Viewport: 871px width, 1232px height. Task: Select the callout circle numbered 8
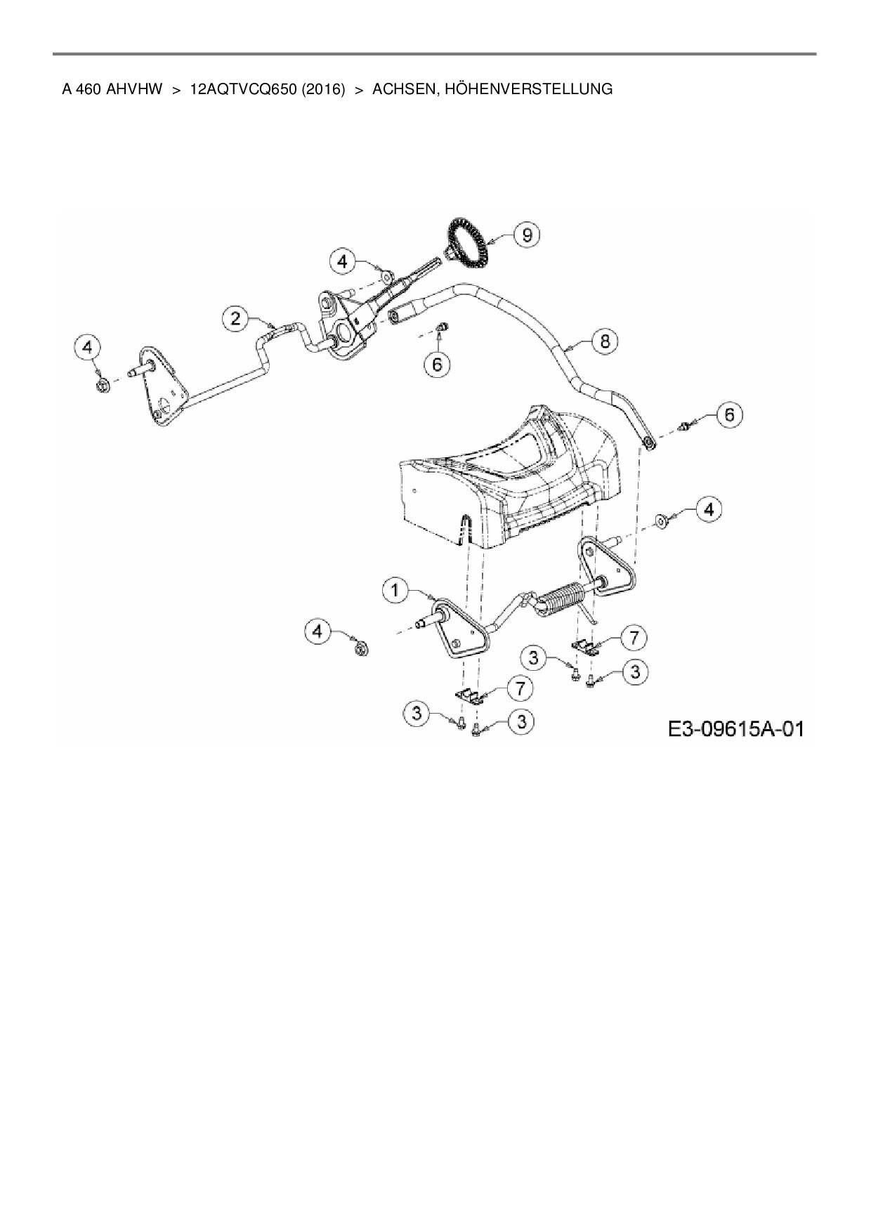(605, 341)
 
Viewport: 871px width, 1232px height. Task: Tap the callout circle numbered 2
(236, 319)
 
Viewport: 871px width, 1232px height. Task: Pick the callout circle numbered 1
(395, 591)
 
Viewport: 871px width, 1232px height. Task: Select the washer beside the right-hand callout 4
(661, 520)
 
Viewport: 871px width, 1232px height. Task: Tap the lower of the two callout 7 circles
(519, 688)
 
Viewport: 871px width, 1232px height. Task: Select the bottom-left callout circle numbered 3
(418, 714)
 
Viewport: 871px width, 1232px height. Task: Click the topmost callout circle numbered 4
(342, 262)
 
